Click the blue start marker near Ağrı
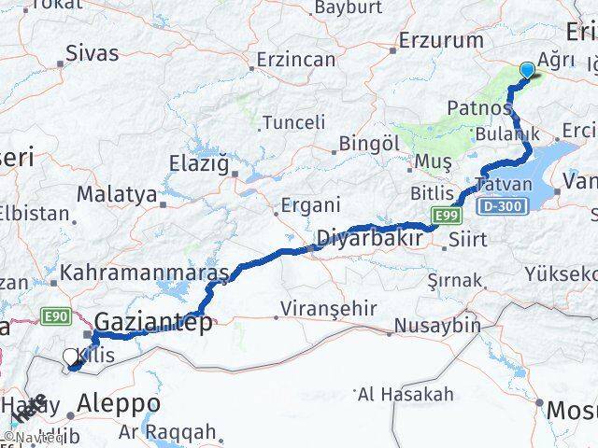[527, 70]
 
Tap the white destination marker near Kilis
[71, 357]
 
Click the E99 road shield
[446, 218]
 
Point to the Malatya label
[116, 195]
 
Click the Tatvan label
[504, 184]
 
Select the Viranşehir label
[332, 308]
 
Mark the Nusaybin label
[437, 326]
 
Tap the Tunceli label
[293, 122]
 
